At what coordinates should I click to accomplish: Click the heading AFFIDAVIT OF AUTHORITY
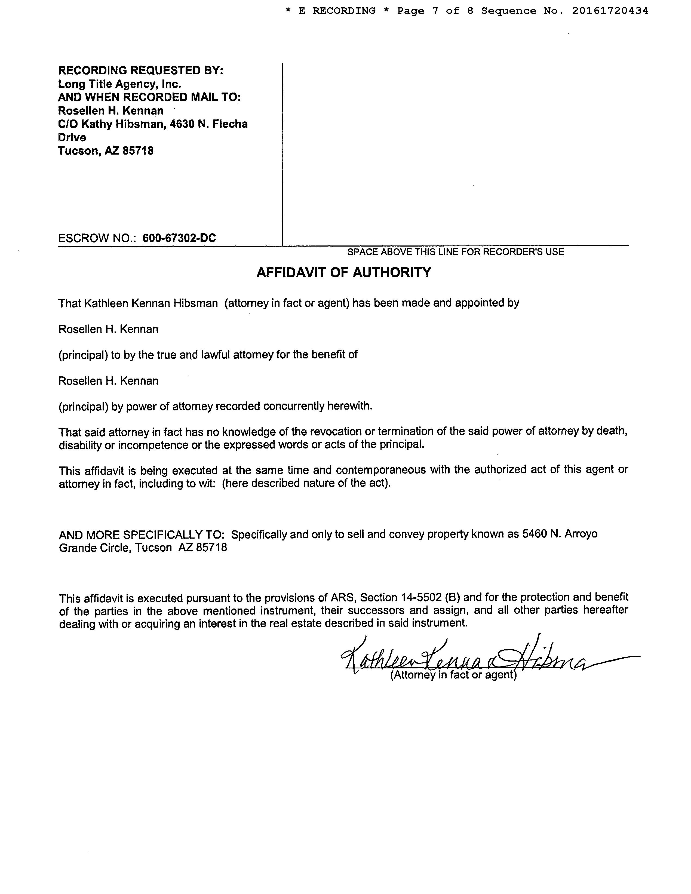[343, 272]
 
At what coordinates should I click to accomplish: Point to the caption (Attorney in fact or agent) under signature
[453, 675]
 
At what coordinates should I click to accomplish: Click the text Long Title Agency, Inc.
[119, 84]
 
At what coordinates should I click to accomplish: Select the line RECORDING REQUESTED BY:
[140, 70]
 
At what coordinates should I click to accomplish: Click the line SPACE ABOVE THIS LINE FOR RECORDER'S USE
[455, 252]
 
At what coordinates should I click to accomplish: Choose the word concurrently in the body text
[294, 406]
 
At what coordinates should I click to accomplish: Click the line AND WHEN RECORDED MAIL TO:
[149, 97]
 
